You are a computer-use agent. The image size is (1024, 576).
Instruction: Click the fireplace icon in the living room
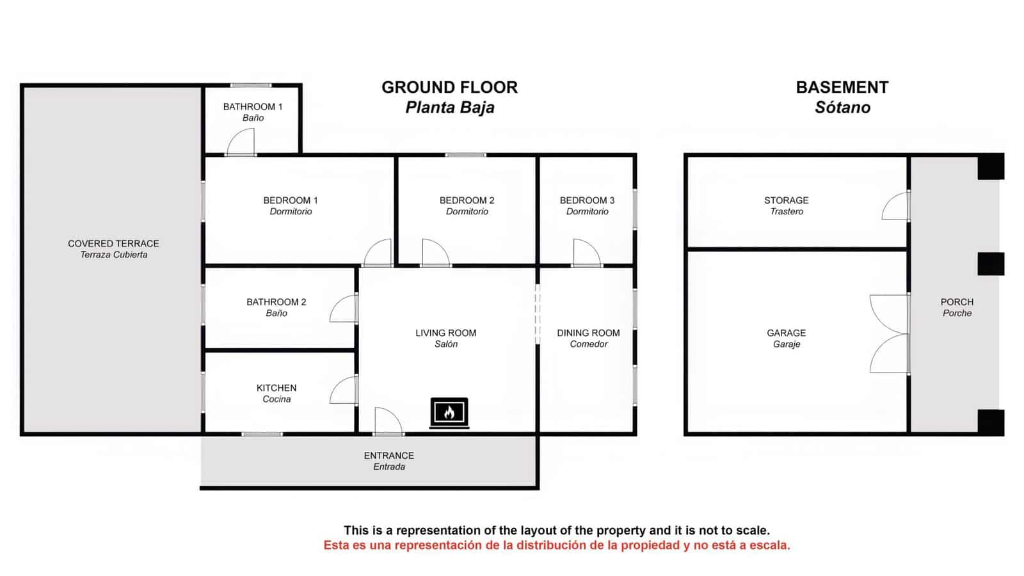point(449,413)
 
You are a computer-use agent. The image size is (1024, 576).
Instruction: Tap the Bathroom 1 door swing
point(242,142)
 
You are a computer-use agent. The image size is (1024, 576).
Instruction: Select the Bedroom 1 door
point(378,253)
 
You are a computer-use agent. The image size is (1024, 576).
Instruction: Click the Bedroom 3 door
point(586,253)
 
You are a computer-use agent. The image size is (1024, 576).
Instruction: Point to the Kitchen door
point(344,390)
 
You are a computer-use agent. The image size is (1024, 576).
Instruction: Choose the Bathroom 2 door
point(344,308)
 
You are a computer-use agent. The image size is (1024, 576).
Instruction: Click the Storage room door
point(895,206)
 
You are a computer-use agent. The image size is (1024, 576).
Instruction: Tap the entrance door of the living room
point(388,422)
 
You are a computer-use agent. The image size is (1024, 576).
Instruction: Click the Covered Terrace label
point(113,244)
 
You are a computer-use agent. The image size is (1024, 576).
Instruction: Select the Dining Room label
point(588,333)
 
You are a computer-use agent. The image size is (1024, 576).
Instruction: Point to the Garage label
point(786,333)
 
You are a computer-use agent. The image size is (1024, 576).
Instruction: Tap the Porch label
point(957,302)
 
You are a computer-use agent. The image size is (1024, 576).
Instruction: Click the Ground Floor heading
point(449,88)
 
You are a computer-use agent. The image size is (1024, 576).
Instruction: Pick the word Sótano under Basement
point(842,108)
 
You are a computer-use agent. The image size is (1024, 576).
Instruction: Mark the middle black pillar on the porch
point(990,264)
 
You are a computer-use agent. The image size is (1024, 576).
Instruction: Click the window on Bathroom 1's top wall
point(251,85)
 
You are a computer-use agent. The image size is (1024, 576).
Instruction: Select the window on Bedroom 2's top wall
point(465,155)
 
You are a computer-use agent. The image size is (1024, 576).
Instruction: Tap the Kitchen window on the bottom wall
point(262,435)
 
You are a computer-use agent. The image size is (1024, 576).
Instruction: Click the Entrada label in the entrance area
point(389,467)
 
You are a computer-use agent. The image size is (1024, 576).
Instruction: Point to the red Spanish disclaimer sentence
point(556,545)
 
